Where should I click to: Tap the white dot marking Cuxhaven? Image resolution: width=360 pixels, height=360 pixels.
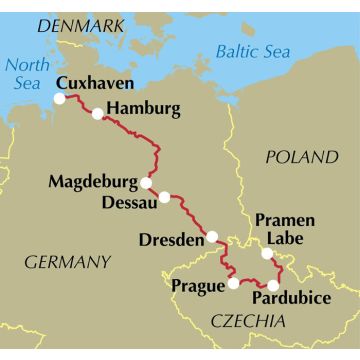pos(60,99)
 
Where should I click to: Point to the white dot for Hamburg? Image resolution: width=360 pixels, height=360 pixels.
pos(97,114)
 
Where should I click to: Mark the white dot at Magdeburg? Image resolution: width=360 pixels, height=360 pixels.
pos(146,183)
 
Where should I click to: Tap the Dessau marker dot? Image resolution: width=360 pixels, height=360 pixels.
pos(165,197)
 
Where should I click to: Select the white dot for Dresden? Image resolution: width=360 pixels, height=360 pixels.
pos(212,237)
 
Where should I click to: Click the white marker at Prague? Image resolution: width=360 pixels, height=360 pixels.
pos(234,283)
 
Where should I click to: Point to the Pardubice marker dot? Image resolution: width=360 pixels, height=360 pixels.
pos(274,285)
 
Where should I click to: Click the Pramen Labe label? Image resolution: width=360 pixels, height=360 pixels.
pos(284,229)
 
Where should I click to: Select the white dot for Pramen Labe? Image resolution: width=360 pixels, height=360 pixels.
pos(266,253)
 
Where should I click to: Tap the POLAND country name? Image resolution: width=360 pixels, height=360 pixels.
pos(301,158)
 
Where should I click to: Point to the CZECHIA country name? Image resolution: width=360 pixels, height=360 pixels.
pos(247,320)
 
